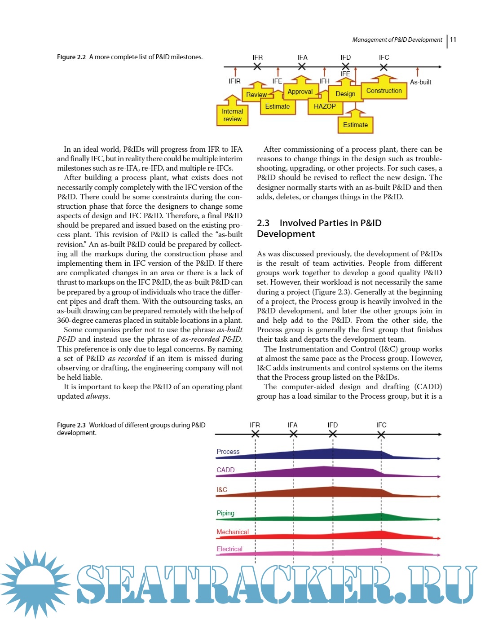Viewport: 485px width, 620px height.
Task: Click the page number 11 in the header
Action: point(453,40)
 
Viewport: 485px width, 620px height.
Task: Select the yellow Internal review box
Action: point(232,115)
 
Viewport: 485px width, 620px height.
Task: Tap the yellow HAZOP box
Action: point(325,106)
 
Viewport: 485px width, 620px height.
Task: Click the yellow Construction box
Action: point(384,91)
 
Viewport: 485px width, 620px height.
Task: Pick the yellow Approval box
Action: point(300,92)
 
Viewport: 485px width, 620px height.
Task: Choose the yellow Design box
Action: point(345,94)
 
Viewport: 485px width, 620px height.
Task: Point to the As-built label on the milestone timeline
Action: point(420,82)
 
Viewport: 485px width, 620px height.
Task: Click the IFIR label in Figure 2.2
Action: point(234,81)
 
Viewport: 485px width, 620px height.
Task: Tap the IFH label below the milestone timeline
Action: point(324,81)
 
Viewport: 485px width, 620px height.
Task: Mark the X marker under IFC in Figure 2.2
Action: point(384,67)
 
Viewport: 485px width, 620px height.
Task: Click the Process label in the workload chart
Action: point(228,452)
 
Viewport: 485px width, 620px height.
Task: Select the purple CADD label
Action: point(225,470)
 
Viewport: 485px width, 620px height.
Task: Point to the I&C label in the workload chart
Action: point(222,490)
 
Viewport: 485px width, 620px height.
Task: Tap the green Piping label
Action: point(225,513)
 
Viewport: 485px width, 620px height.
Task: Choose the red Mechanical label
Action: point(233,532)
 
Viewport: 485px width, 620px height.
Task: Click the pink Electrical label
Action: point(229,549)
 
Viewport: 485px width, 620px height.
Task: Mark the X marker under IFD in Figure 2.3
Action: point(333,434)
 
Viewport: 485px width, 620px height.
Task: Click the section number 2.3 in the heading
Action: point(263,223)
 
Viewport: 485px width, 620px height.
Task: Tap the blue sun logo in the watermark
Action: point(35,584)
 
